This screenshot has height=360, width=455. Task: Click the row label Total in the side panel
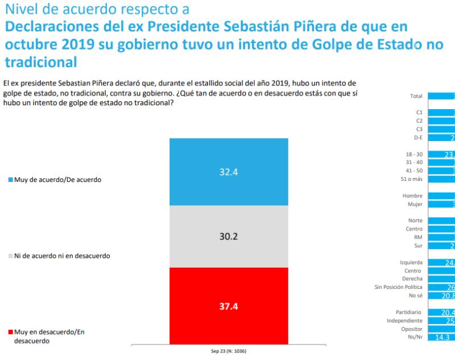point(416,97)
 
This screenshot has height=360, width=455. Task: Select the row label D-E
point(417,137)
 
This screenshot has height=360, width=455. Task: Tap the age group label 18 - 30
point(413,154)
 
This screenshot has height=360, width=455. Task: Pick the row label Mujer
point(415,204)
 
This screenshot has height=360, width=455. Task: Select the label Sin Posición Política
point(398,287)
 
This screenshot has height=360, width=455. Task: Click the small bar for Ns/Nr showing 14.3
point(439,337)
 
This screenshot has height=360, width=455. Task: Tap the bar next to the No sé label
point(441,295)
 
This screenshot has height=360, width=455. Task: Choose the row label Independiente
point(405,320)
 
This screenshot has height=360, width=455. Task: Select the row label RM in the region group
point(418,237)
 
